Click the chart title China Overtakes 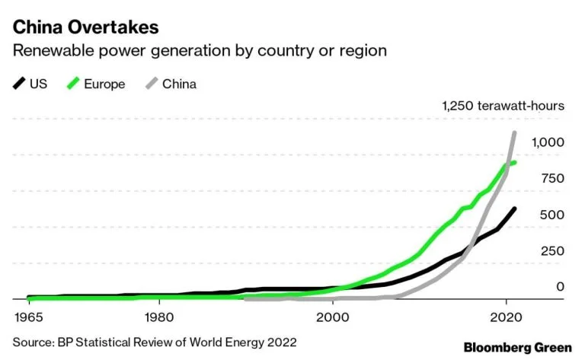tap(85, 27)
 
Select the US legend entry tap(38, 84)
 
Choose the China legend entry tap(179, 84)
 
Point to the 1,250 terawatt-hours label tap(503, 106)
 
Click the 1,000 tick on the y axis tap(548, 142)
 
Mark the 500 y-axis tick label tap(552, 215)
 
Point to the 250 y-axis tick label tap(552, 251)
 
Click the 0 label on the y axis tap(560, 287)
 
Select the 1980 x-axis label tap(158, 314)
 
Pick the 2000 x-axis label tap(333, 314)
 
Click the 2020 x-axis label tap(507, 314)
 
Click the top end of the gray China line tap(514, 133)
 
